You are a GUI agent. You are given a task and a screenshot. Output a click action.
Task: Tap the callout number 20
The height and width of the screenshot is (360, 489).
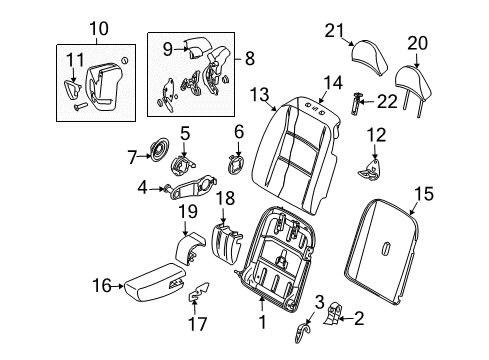417,42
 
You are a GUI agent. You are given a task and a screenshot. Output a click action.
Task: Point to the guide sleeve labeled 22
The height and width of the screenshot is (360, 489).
359,101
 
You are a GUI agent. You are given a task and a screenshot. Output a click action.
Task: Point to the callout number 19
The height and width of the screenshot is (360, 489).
186,211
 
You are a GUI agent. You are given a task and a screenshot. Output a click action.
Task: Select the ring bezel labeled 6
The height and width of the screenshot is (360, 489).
236,162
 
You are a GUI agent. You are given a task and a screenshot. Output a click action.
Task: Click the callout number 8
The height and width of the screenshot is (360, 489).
249,58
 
